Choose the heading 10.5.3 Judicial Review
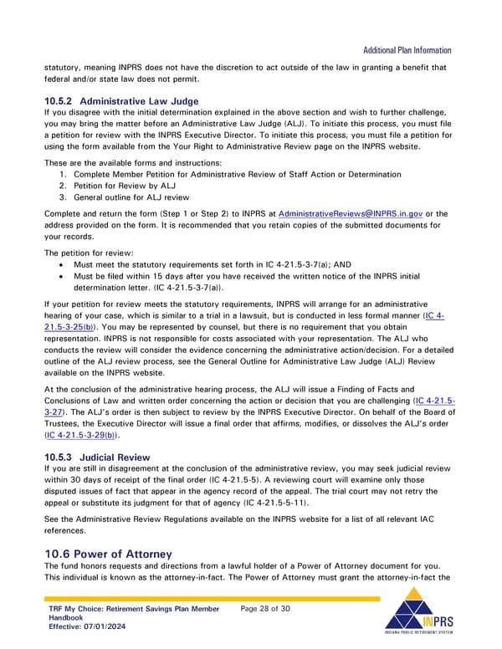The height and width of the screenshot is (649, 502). [x=97, y=457]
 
